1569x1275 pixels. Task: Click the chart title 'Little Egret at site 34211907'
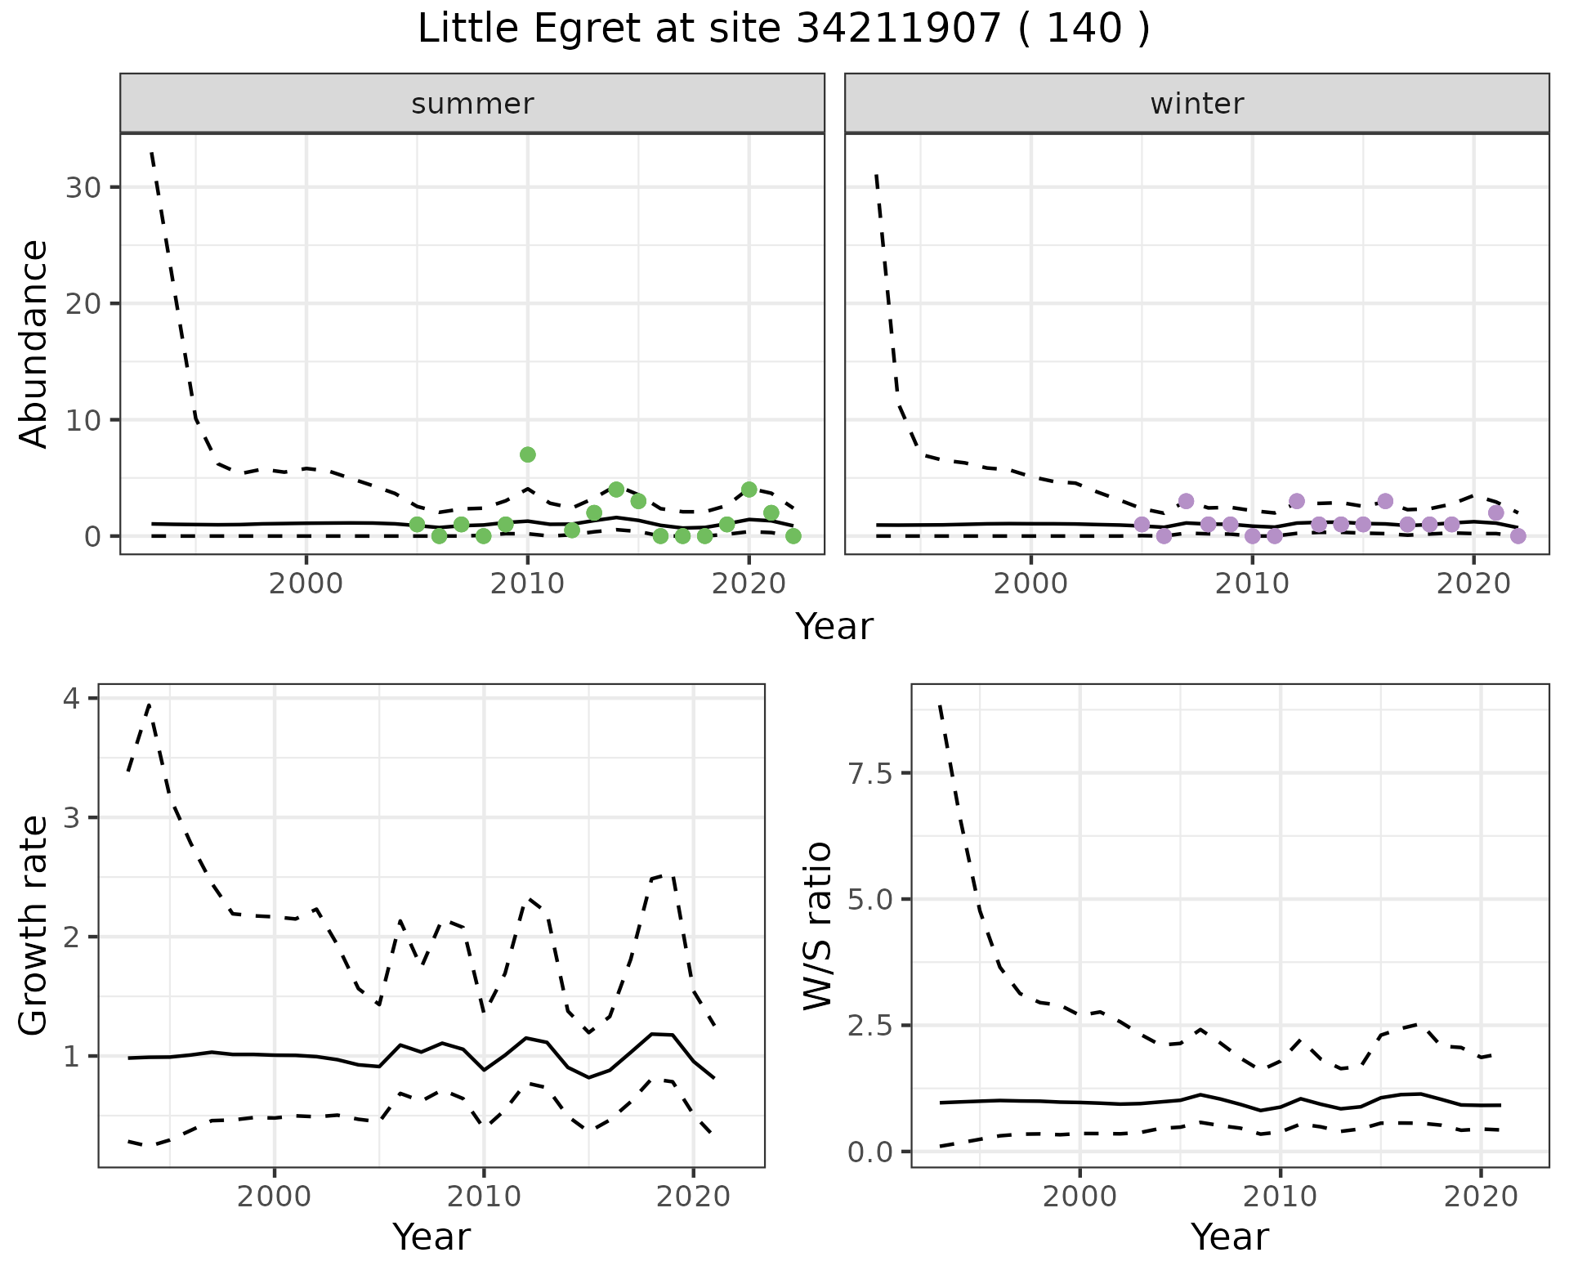[783, 29]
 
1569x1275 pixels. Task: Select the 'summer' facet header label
[472, 104]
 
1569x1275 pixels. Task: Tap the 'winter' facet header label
[1196, 104]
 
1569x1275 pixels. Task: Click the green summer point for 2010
[528, 454]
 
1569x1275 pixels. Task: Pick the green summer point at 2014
[616, 490]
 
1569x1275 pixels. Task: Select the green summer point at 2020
[749, 490]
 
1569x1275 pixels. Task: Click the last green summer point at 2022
[793, 536]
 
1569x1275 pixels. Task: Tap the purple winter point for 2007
[1186, 501]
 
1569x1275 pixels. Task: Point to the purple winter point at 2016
[1385, 501]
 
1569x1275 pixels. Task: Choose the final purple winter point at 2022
[1518, 536]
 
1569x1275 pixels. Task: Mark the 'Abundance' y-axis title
[34, 343]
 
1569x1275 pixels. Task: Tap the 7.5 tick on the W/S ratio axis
[869, 773]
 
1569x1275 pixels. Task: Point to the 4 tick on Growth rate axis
[71, 699]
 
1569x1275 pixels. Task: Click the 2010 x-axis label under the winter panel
[1252, 584]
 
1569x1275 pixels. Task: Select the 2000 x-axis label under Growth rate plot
[275, 1197]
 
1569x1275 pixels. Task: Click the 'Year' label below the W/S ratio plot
[1229, 1237]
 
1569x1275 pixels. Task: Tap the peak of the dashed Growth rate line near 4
[149, 705]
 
